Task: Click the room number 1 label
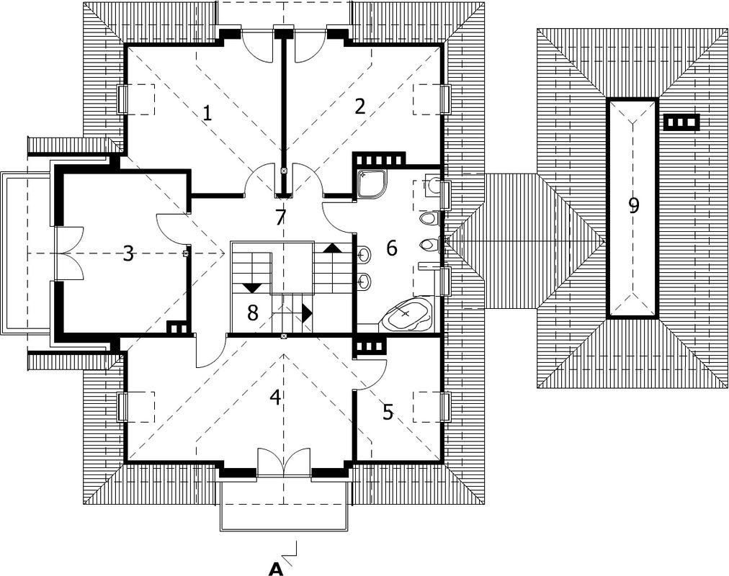[x=207, y=113]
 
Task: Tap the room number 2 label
[x=359, y=107]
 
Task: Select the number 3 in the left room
[x=128, y=253]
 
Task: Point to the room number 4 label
[x=275, y=397]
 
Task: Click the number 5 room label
[x=388, y=412]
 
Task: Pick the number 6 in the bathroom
[x=392, y=248]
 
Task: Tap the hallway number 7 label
[x=279, y=217]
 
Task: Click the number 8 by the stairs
[x=252, y=313]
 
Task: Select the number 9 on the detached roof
[x=633, y=205]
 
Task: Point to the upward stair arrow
[x=332, y=248]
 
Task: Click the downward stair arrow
[x=252, y=287]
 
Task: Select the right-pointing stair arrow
[x=307, y=313]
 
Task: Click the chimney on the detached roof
[x=681, y=122]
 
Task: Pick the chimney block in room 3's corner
[x=177, y=328]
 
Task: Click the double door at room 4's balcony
[x=284, y=462]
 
